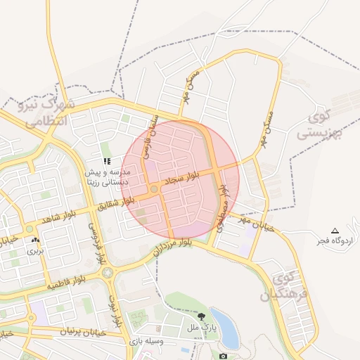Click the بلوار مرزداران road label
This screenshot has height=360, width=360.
[171, 247]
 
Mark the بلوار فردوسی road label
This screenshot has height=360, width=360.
[97, 239]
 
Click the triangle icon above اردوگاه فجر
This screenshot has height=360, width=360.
[335, 231]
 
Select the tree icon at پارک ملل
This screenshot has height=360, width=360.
[202, 316]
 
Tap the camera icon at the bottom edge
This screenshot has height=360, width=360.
[223, 356]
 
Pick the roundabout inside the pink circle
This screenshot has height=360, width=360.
[154, 189]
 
